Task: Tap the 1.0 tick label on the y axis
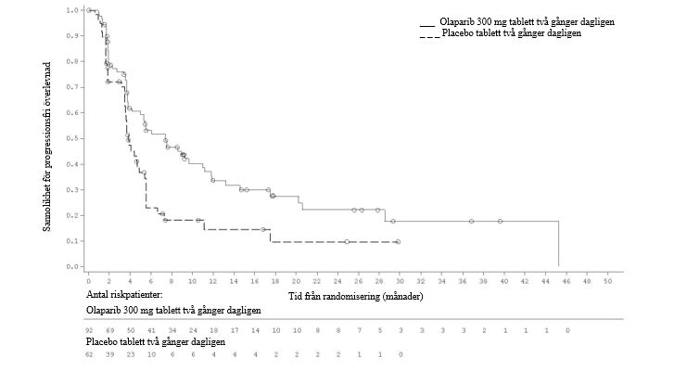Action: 72,10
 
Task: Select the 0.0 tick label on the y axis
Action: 72,267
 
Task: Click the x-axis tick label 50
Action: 607,280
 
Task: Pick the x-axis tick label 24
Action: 337,280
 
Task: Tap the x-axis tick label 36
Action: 462,280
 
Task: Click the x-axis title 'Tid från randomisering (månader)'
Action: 356,297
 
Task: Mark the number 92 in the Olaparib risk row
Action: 89,330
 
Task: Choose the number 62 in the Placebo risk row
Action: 89,354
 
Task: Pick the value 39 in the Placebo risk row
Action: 109,354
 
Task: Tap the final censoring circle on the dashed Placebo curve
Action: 398,242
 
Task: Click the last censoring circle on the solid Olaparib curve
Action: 500,221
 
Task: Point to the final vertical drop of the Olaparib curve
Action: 558,244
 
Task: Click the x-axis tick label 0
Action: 88,280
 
